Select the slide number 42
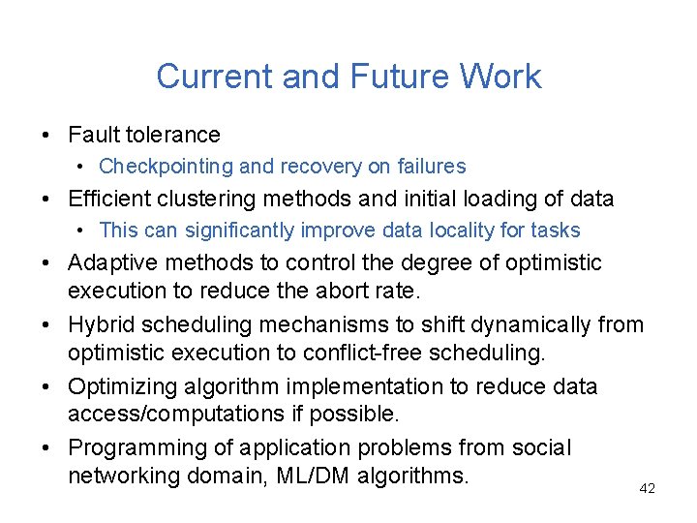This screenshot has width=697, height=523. [x=648, y=489]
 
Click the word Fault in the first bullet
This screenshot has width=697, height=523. [x=93, y=135]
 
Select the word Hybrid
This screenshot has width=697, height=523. [x=101, y=324]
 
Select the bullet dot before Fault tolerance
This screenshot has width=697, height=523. [x=46, y=136]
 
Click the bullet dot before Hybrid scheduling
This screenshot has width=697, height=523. [x=46, y=325]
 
